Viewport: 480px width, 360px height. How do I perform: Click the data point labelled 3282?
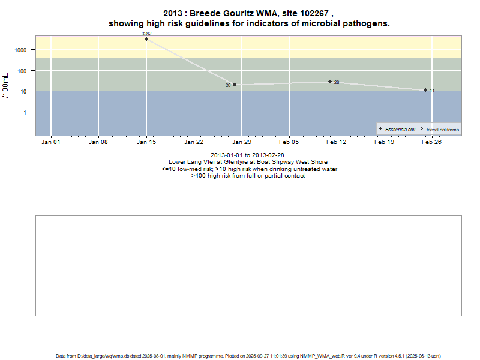(x=146, y=39)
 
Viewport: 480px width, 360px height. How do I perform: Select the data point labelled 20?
(x=235, y=85)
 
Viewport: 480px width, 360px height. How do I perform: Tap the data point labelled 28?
(x=330, y=82)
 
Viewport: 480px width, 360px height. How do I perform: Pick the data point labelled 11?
(x=425, y=90)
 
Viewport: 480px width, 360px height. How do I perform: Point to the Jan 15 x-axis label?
(x=146, y=142)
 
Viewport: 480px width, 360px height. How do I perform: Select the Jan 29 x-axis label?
(x=241, y=142)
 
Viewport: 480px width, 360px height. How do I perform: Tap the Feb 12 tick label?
(x=337, y=142)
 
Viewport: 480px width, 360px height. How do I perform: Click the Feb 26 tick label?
(x=432, y=142)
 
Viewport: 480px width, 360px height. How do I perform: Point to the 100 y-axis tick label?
(x=27, y=71)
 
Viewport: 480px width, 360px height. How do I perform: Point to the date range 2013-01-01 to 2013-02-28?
(x=247, y=155)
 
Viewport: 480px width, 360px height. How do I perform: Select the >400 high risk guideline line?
(x=248, y=176)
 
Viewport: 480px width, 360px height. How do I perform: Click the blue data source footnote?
(x=248, y=356)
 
